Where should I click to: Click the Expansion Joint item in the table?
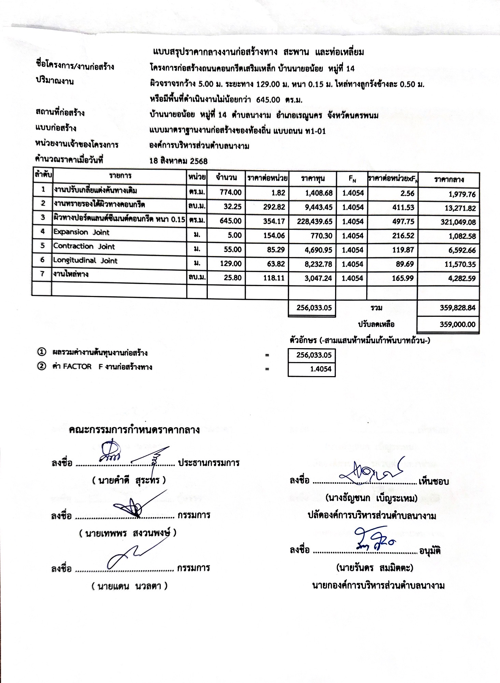pyautogui.click(x=81, y=233)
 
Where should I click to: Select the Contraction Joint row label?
pyautogui.click(x=84, y=247)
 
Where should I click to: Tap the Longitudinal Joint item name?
pyautogui.click(x=85, y=261)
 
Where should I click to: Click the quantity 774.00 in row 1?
pyautogui.click(x=230, y=193)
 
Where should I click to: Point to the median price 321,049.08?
pyautogui.click(x=458, y=222)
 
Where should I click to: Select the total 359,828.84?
pyautogui.click(x=457, y=308)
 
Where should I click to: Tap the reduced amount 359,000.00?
pyautogui.click(x=457, y=324)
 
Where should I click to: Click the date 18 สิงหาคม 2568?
pyautogui.click(x=178, y=161)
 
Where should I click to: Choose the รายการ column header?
pyautogui.click(x=120, y=176)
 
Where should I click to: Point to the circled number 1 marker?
pyautogui.click(x=41, y=352)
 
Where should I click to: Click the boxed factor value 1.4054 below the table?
pyautogui.click(x=320, y=369)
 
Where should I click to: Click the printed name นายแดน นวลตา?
pyautogui.click(x=129, y=587)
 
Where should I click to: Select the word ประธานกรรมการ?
pyautogui.click(x=208, y=463)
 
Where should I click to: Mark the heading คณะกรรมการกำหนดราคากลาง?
pyautogui.click(x=134, y=430)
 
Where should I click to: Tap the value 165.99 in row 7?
pyautogui.click(x=403, y=278)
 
